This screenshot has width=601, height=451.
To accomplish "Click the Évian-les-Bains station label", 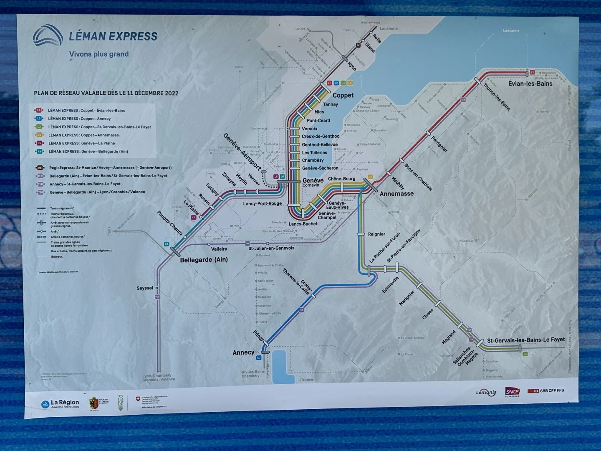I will [x=530, y=84].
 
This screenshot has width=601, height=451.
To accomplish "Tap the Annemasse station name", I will [x=396, y=194].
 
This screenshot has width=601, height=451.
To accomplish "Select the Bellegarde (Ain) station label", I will [x=204, y=260].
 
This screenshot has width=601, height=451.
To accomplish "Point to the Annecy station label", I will [x=243, y=352].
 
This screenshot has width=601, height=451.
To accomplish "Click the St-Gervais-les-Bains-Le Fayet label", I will [x=526, y=340].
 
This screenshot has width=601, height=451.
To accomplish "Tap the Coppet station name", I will [x=343, y=95].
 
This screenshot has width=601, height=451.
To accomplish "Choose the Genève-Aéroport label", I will [x=242, y=152].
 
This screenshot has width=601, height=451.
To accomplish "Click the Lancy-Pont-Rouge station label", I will [x=263, y=204].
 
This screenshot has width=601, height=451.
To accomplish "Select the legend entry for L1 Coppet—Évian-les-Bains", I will [x=86, y=111].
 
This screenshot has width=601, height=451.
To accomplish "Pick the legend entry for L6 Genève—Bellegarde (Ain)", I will [x=88, y=152].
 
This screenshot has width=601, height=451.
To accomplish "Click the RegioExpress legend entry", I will [x=110, y=167].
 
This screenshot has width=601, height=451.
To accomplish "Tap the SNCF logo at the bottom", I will [x=512, y=391].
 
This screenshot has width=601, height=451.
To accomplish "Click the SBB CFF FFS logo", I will [x=546, y=390].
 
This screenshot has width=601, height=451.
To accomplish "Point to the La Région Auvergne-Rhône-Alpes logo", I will [x=61, y=403].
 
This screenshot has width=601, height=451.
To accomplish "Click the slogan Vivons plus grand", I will [x=99, y=54].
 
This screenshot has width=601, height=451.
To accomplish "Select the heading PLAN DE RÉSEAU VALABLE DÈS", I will [x=106, y=93].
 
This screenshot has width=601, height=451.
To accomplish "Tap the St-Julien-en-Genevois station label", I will [x=271, y=248].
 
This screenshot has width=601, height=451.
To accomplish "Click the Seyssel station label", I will [x=145, y=288].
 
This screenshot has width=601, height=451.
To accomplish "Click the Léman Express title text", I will [x=113, y=36].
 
